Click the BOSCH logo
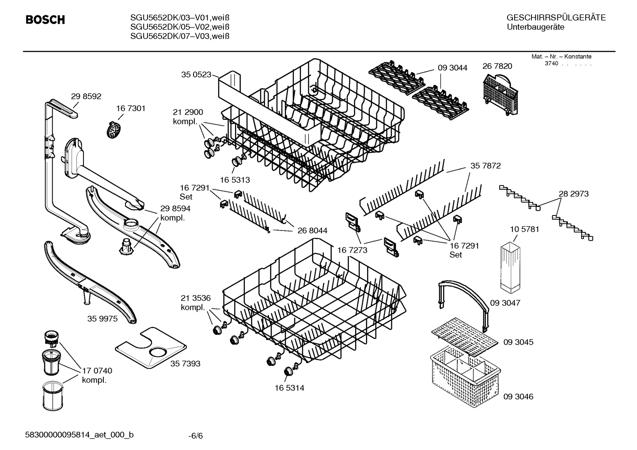coord(45,20)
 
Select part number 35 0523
coord(196,75)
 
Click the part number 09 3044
coord(452,68)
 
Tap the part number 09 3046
coord(518,397)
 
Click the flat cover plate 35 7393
coord(151,347)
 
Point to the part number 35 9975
coord(102,318)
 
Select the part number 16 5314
coord(289,388)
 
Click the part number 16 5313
coord(235,180)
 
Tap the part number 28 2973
coord(573,193)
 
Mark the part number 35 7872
coord(485,166)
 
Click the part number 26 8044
coord(312,230)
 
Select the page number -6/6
coord(195,436)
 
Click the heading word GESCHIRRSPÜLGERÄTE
coord(556,18)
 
